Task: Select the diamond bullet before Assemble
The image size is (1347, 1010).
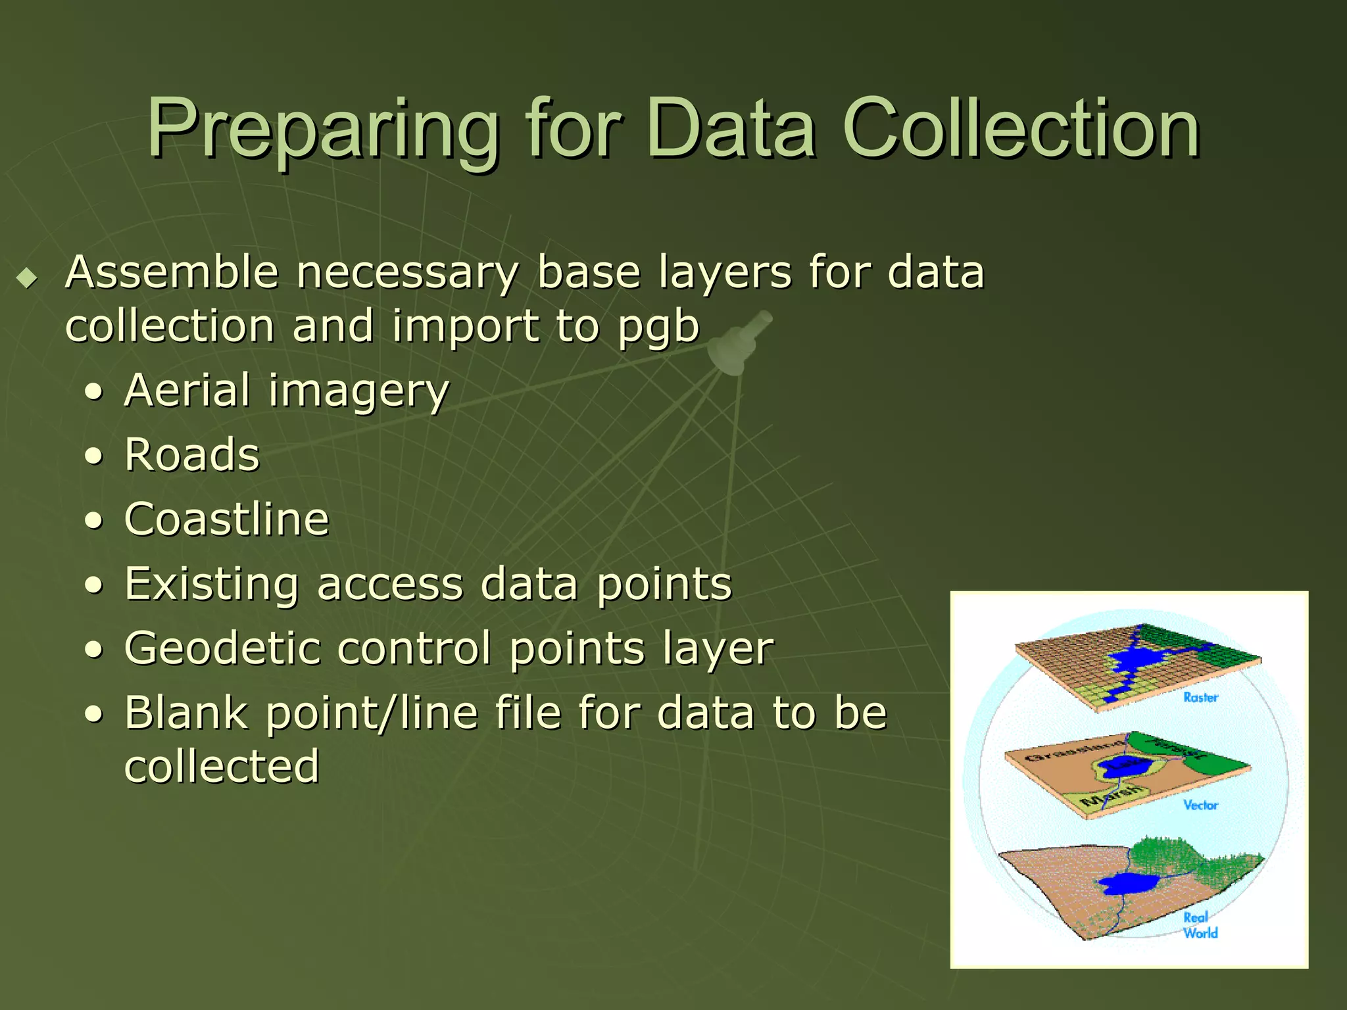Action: pos(27,277)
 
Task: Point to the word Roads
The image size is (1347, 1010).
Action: pos(192,455)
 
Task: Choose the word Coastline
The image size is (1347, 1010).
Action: pos(226,519)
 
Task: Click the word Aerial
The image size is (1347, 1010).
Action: pos(187,390)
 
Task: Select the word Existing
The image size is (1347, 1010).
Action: pos(210,584)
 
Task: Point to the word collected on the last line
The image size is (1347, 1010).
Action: pos(222,766)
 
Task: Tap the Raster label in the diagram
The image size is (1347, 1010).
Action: pos(1200,698)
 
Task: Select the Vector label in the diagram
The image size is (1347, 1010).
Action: pos(1200,806)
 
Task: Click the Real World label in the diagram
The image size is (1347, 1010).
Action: pos(1199,925)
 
